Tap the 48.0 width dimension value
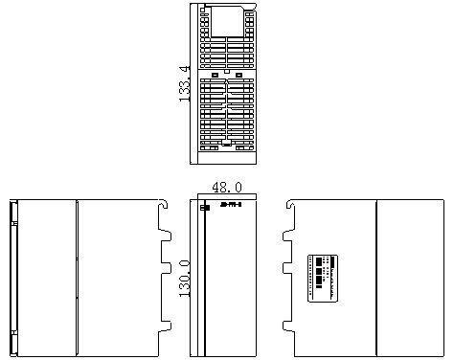click(x=226, y=189)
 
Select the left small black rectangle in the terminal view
click(x=215, y=75)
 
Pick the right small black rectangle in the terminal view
click(x=240, y=75)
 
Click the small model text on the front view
click(x=231, y=203)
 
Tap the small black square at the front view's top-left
click(x=204, y=208)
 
